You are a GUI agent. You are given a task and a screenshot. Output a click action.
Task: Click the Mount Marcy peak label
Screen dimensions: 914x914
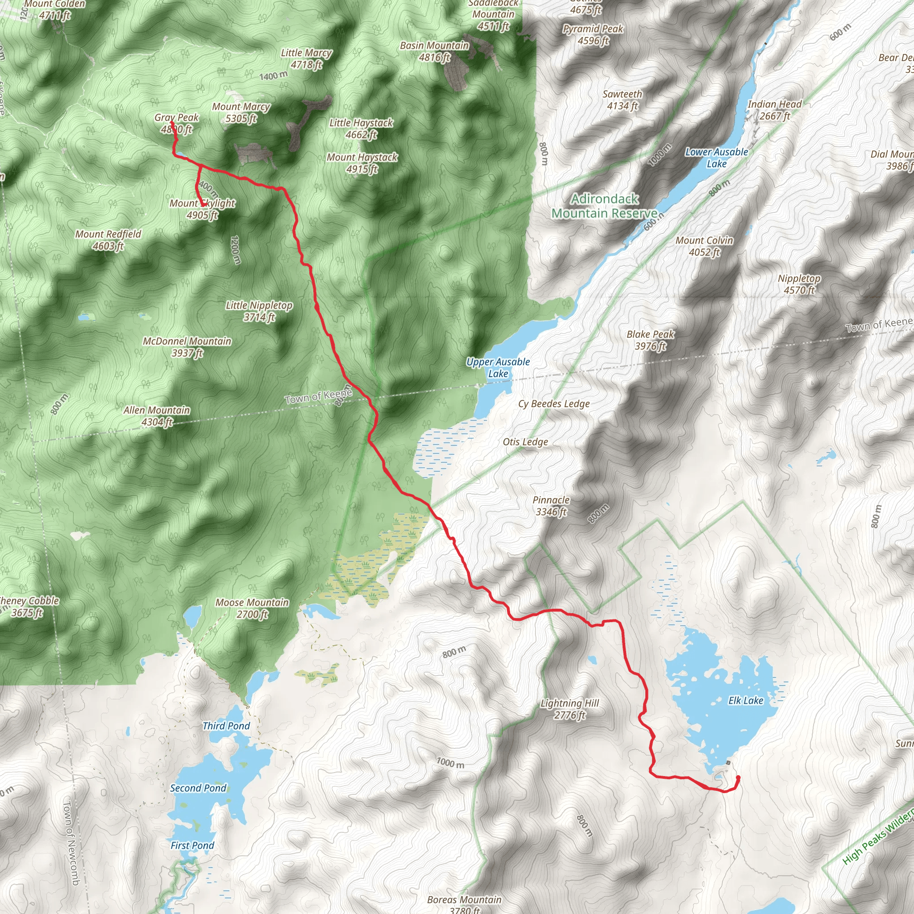pos(241,112)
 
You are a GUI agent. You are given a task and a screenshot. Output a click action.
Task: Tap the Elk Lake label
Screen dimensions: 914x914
pos(746,701)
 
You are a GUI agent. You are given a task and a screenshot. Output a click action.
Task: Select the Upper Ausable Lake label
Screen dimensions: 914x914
pos(498,368)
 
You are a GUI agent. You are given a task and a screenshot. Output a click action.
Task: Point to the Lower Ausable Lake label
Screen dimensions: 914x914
pos(717,158)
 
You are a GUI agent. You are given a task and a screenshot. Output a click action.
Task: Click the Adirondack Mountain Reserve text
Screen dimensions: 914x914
pos(605,206)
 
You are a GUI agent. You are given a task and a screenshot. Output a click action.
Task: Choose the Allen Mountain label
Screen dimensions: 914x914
pos(157,416)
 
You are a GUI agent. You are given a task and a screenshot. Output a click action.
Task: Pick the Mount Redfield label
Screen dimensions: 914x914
pos(108,240)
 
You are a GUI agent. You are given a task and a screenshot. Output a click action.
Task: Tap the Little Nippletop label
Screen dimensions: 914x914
pos(259,312)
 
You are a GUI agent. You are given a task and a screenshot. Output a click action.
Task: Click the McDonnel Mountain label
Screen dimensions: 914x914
pos(187,347)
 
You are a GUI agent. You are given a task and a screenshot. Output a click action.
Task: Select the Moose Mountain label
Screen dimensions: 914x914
pos(252,608)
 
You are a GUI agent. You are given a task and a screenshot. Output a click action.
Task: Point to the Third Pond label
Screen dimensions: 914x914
pos(226,726)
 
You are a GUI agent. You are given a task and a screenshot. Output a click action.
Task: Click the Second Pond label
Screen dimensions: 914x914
pos(198,788)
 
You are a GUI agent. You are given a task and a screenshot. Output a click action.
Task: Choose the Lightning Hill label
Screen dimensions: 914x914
pos(569,709)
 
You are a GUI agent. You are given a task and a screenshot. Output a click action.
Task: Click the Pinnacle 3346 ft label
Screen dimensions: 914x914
pos(551,506)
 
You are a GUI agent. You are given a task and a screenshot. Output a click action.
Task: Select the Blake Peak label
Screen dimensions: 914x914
pos(651,340)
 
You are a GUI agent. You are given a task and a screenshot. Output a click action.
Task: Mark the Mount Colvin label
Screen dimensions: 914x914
pos(704,246)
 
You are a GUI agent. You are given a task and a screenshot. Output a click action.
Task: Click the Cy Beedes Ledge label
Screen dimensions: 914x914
pos(554,404)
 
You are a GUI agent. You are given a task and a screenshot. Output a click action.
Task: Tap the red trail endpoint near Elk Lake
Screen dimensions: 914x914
pos(738,777)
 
